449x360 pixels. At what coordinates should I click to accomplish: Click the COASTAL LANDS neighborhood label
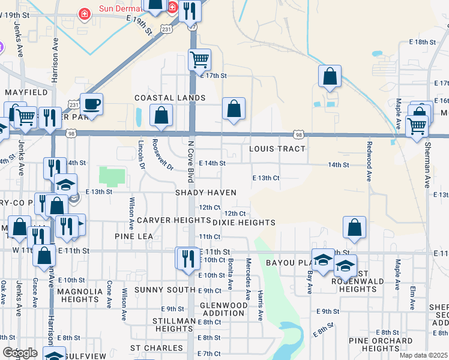(170, 98)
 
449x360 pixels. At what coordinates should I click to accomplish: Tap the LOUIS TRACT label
(277, 149)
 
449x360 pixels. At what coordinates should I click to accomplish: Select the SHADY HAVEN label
(205, 193)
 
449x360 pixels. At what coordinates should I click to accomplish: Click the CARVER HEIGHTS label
(165, 221)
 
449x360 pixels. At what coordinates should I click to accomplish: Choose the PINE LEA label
(134, 237)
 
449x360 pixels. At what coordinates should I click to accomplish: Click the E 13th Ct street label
(267, 178)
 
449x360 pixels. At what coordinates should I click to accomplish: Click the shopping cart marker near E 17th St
(199, 59)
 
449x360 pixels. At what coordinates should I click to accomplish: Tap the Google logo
(20, 353)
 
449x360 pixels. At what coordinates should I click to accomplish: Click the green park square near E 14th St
(112, 177)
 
